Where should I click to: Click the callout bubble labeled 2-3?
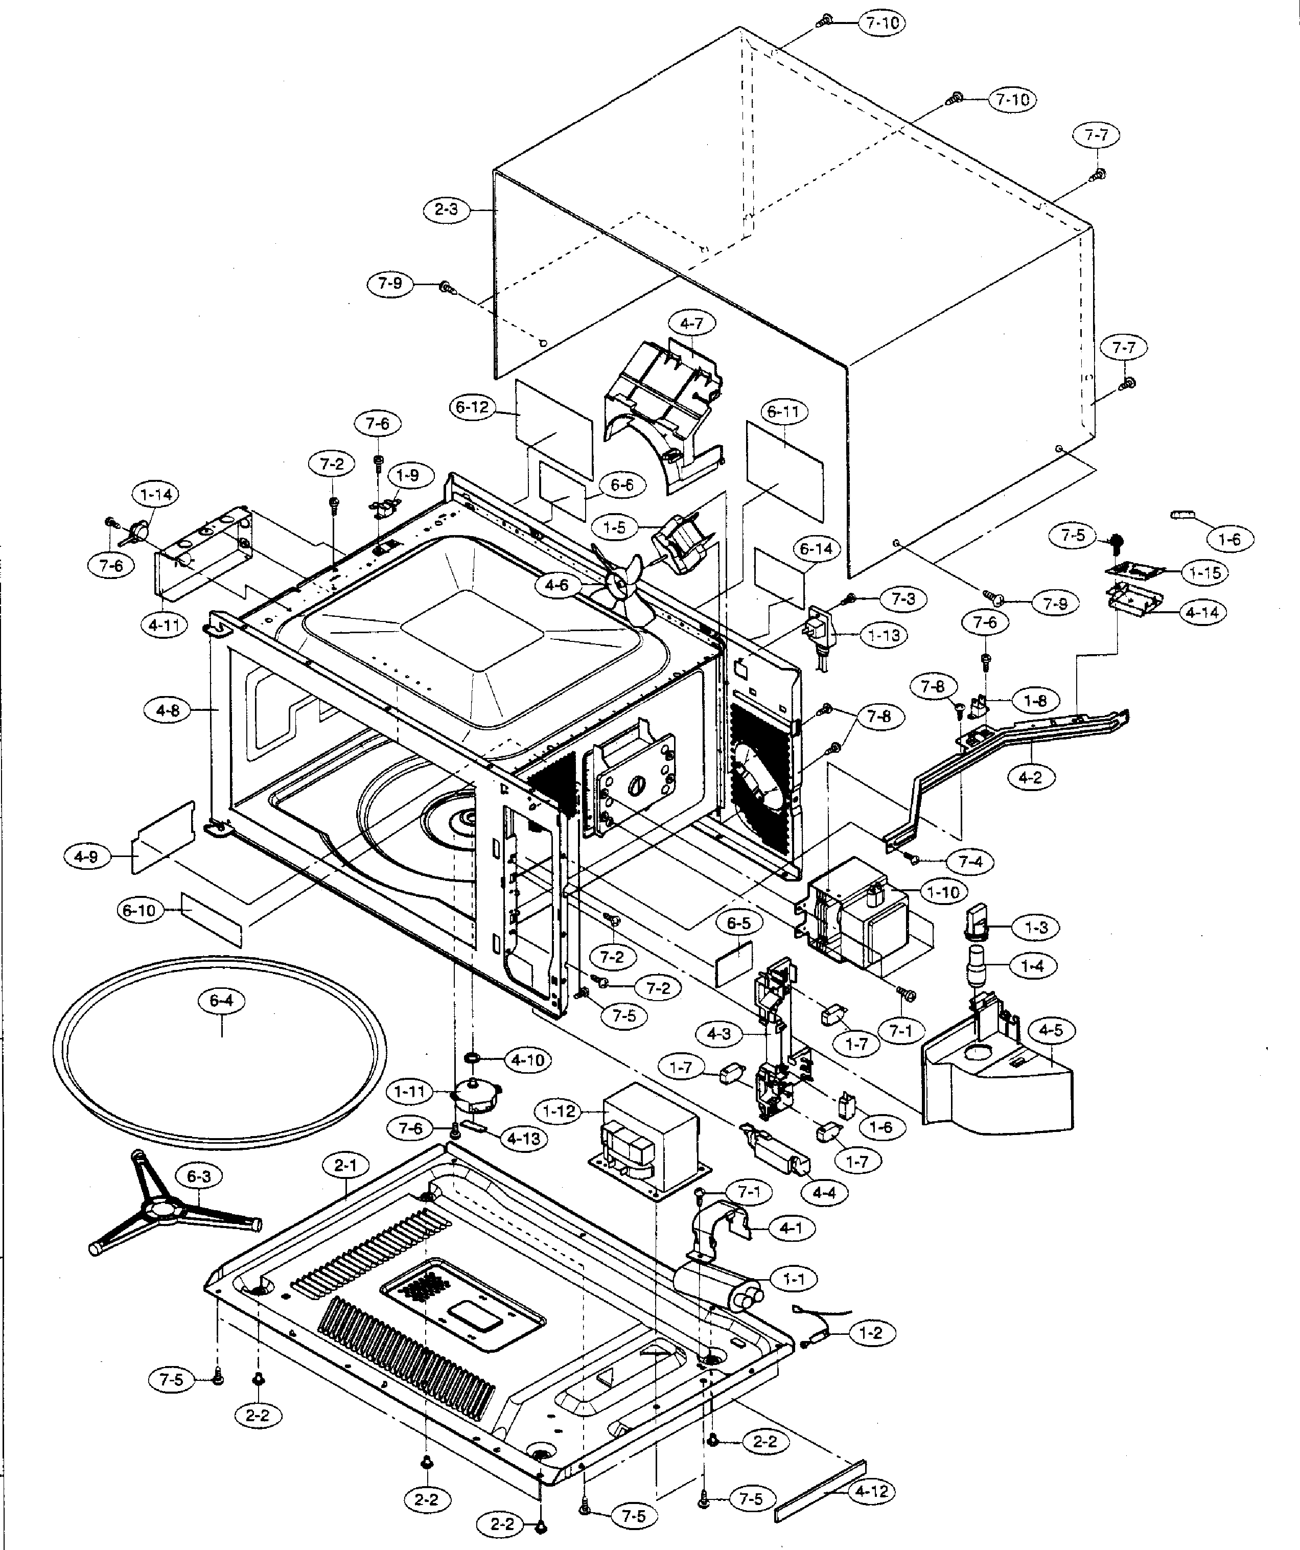pos(446,210)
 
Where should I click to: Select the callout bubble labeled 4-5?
pos(1051,1030)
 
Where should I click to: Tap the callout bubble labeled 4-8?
pos(168,711)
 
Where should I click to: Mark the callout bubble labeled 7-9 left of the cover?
pos(391,283)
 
